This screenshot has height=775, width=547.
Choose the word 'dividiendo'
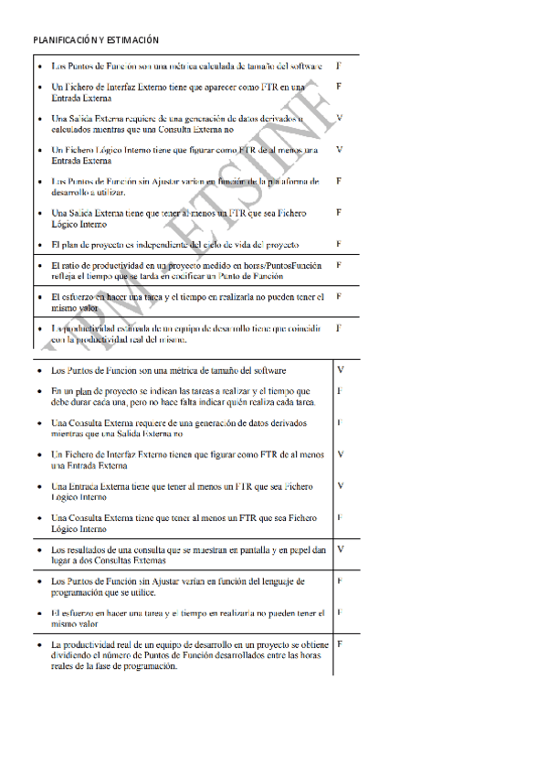point(78,656)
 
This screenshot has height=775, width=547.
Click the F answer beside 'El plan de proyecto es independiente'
point(339,244)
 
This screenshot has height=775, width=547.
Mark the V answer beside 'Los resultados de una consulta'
point(340,549)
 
